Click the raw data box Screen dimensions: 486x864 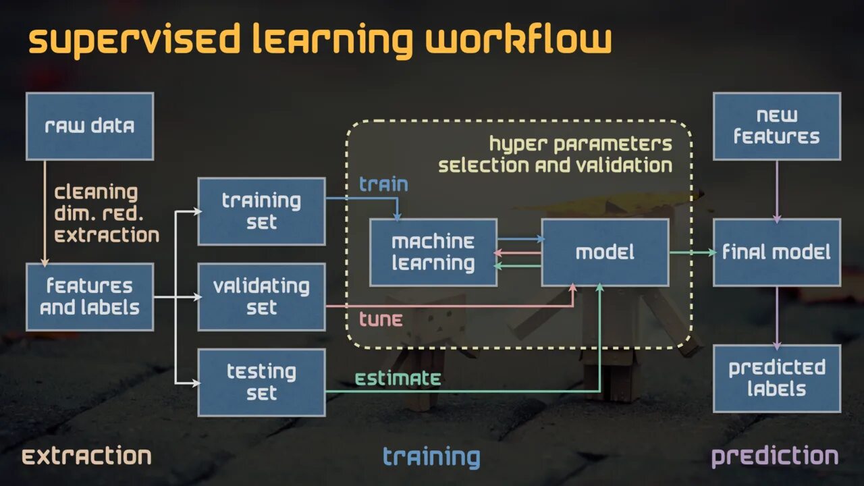pyautogui.click(x=90, y=126)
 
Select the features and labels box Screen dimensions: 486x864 pyautogui.click(x=90, y=297)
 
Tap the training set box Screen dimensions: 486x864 pyautogui.click(x=261, y=211)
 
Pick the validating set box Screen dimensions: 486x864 pyautogui.click(x=261, y=297)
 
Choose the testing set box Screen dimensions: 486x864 pyautogui.click(x=261, y=382)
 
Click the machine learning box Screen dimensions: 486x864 pyautogui.click(x=433, y=252)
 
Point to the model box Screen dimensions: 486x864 pyautogui.click(x=605, y=252)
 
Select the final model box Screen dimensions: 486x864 pyautogui.click(x=776, y=252)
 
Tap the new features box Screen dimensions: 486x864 pyautogui.click(x=776, y=126)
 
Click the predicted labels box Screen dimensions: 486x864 pyautogui.click(x=776, y=378)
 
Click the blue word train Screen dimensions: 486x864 pyautogui.click(x=383, y=184)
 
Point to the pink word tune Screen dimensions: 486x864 pyautogui.click(x=381, y=319)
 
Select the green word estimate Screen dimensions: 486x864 pyautogui.click(x=398, y=378)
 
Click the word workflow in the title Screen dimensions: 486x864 pyautogui.click(x=518, y=40)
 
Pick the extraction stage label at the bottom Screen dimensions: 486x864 pyautogui.click(x=86, y=456)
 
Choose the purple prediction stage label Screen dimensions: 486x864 pyautogui.click(x=775, y=456)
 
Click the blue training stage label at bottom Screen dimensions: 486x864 pyautogui.click(x=431, y=457)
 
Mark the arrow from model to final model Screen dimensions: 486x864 pyautogui.click(x=692, y=252)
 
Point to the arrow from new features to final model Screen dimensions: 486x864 pyautogui.click(x=776, y=190)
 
